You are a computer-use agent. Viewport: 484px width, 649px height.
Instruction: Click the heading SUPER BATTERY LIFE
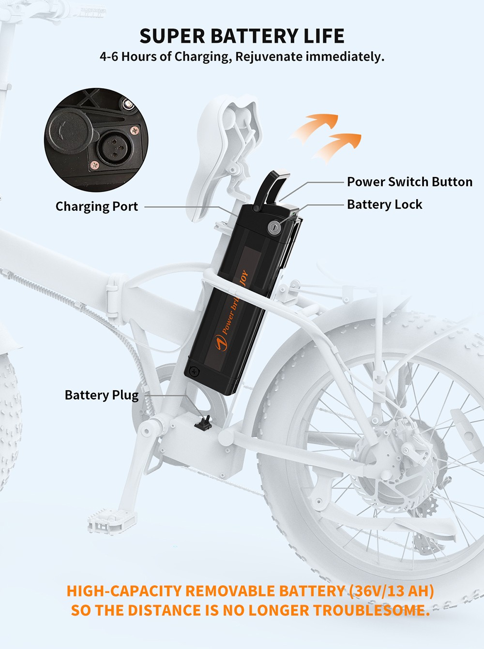[242, 36]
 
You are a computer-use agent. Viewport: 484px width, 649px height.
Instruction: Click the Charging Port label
[96, 206]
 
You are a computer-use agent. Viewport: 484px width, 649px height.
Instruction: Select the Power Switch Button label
[409, 182]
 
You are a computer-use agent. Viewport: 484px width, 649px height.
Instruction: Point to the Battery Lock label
[384, 205]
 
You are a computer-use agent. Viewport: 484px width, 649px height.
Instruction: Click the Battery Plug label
[101, 395]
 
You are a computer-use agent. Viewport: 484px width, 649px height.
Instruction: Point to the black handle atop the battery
[271, 186]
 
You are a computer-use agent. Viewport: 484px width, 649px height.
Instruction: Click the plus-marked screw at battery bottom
[194, 371]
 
